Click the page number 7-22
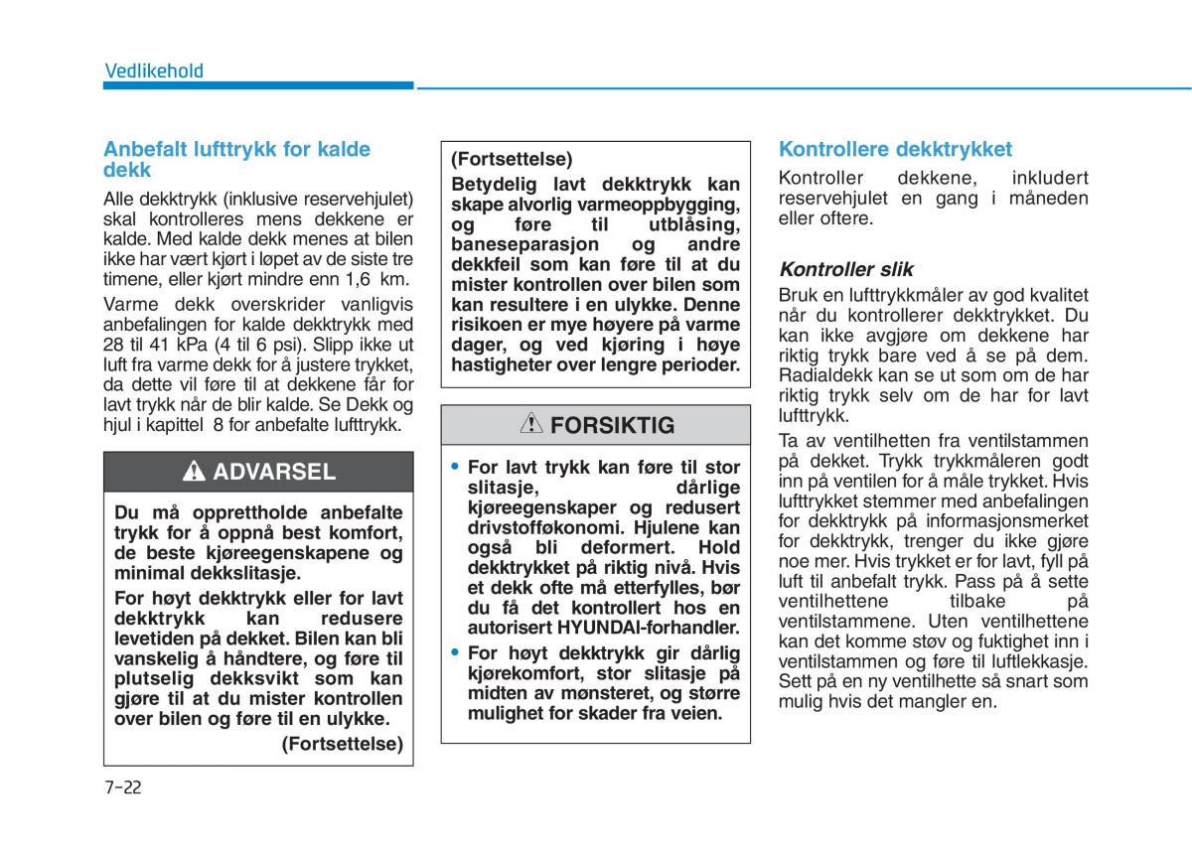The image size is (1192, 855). [123, 787]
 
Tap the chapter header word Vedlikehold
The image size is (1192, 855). [154, 71]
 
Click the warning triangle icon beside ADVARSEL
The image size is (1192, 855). [195, 473]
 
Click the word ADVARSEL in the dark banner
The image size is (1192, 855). [274, 473]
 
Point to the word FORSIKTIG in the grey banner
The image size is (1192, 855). [612, 426]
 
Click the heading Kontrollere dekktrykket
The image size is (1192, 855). [895, 150]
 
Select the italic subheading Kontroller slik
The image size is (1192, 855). [845, 269]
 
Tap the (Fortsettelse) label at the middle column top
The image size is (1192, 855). [512, 159]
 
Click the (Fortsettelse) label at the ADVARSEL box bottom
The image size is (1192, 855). [343, 744]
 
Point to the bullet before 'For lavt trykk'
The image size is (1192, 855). [455, 466]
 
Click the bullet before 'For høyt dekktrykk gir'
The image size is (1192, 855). [455, 652]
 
